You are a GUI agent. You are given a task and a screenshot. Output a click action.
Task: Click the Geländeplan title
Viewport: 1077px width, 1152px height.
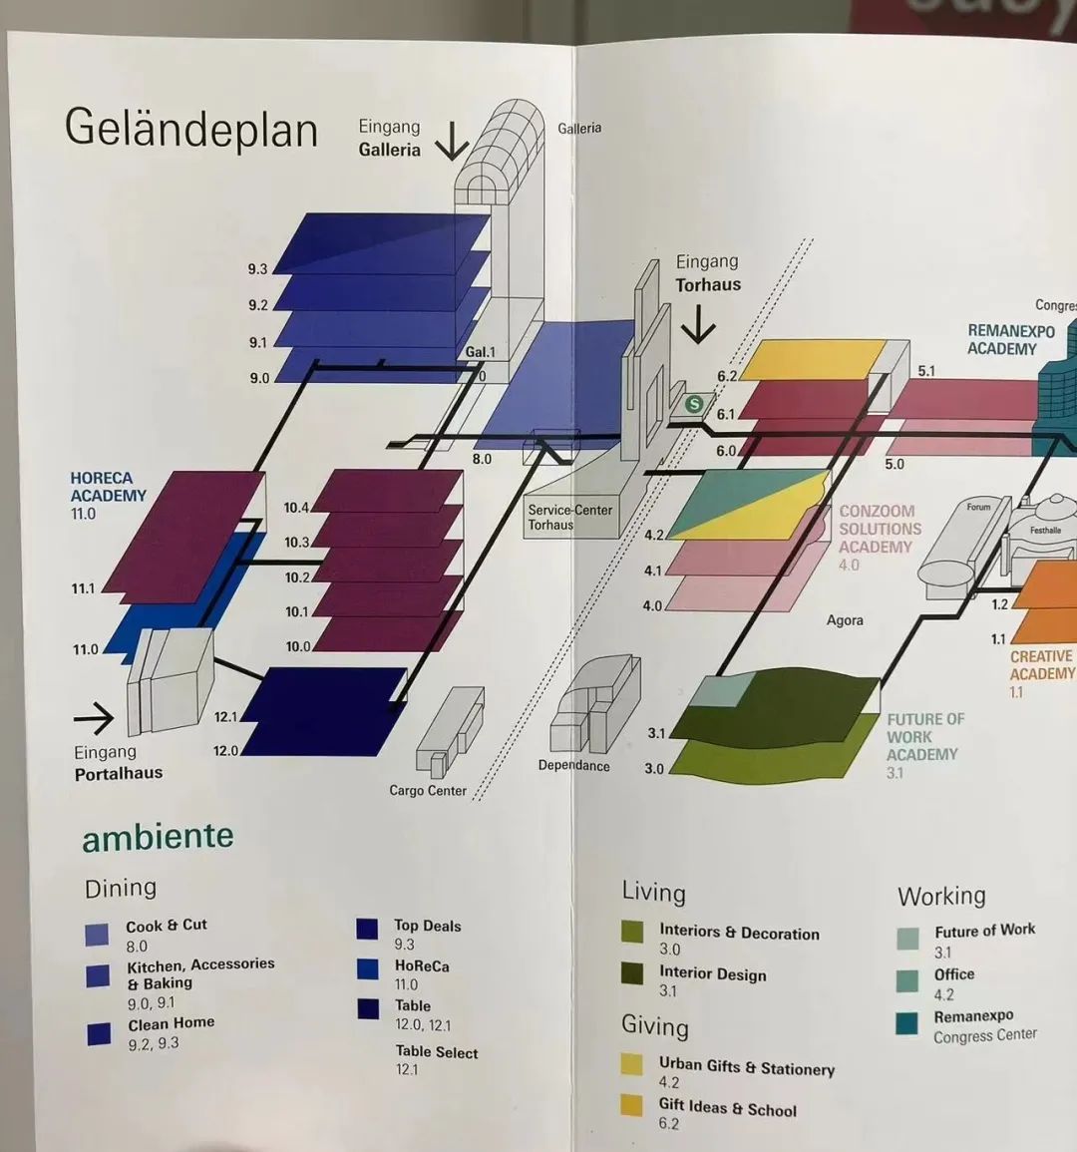(191, 130)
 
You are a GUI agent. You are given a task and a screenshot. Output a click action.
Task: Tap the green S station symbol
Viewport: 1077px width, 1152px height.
(694, 404)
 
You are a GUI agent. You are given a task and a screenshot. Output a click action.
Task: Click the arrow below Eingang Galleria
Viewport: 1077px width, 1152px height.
(452, 142)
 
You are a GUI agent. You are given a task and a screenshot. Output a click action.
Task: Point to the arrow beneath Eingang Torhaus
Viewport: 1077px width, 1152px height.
(698, 324)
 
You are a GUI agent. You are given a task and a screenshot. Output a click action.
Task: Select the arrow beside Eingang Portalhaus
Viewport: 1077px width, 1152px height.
(94, 717)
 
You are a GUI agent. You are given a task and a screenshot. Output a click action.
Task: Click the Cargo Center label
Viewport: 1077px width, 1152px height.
(428, 791)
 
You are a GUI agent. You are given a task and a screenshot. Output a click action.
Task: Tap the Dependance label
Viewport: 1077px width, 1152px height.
(573, 766)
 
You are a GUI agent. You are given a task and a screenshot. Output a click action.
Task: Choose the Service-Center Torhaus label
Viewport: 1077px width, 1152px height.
(569, 517)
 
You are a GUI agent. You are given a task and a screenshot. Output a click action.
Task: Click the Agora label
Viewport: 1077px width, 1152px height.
(845, 620)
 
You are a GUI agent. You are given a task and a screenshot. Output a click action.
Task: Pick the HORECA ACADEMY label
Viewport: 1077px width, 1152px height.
(108, 487)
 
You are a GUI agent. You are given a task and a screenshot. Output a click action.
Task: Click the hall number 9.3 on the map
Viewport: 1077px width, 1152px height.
(257, 269)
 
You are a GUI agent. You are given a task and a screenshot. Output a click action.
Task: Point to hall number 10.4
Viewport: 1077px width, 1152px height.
(296, 508)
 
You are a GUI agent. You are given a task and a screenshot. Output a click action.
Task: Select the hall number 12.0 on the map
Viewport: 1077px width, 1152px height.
(225, 751)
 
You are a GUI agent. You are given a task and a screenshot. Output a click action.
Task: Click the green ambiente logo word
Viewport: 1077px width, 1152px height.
(158, 837)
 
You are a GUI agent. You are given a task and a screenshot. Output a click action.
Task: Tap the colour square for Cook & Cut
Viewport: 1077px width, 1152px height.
(97, 935)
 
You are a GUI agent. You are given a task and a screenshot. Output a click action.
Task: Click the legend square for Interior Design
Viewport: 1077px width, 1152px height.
(632, 973)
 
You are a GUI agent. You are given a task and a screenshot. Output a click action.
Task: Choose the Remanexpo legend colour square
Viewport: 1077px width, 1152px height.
(906, 1023)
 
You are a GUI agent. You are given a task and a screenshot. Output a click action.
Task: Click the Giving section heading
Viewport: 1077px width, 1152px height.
(654, 1026)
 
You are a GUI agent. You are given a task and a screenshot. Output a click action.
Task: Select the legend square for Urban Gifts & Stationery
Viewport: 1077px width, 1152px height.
(631, 1064)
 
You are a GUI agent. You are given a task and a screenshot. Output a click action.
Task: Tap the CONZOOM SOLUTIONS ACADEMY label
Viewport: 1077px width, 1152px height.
(880, 529)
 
